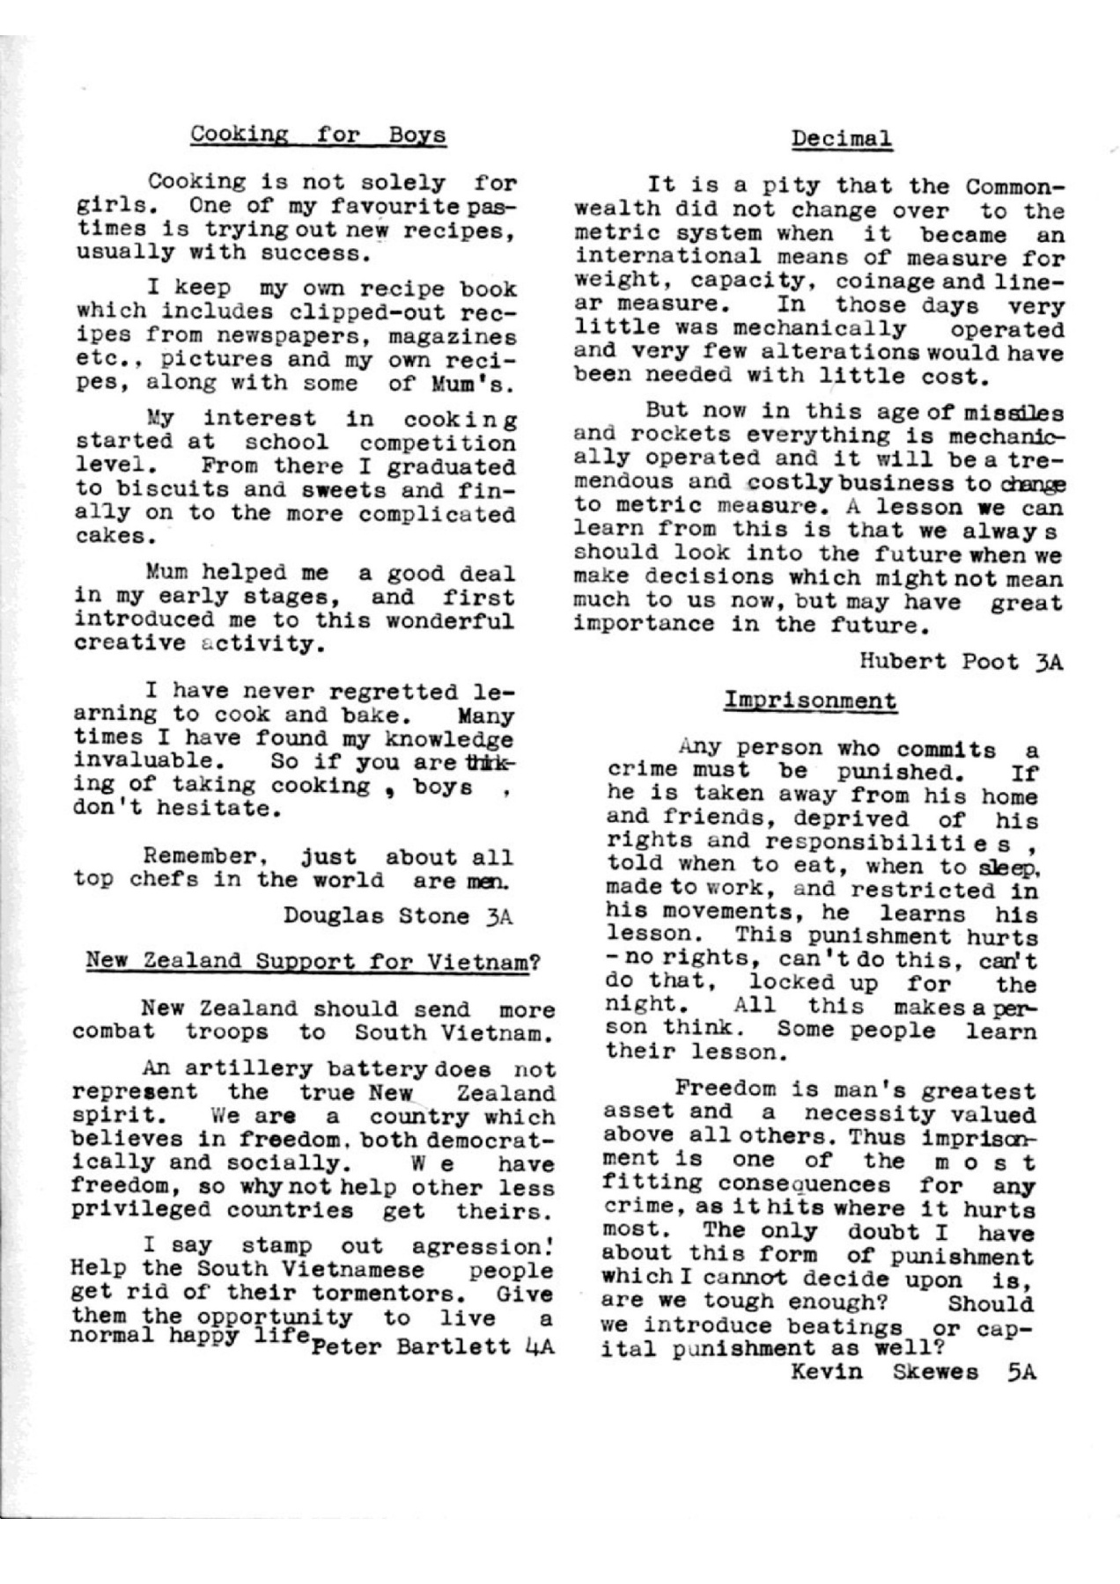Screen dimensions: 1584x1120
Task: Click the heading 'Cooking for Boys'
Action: [x=319, y=135]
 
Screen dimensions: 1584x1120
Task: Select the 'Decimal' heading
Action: [x=841, y=138]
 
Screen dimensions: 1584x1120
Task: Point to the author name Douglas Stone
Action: [x=376, y=916]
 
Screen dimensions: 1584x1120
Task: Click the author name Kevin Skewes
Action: [x=884, y=1371]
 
